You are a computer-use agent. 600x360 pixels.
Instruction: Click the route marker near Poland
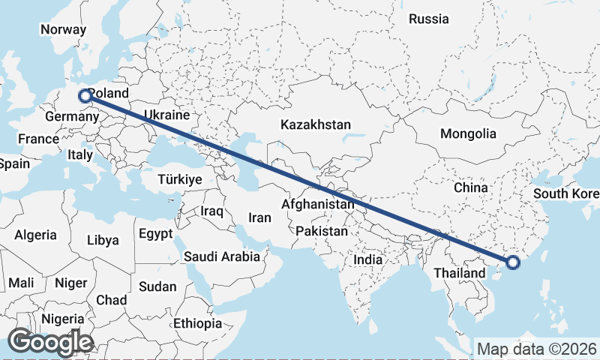[85, 95]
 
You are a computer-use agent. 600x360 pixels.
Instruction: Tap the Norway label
[63, 29]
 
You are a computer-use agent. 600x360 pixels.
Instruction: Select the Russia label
[428, 19]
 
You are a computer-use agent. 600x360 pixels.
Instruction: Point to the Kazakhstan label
[315, 124]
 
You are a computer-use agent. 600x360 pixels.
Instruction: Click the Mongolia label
[468, 134]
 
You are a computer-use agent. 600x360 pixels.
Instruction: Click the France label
[38, 139]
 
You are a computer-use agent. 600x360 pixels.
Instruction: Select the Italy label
[79, 154]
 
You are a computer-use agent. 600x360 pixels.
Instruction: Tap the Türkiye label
[180, 179]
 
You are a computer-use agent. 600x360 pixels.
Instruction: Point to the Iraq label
[212, 211]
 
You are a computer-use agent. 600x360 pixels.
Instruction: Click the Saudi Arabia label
[222, 256]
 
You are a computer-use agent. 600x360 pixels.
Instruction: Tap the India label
[368, 259]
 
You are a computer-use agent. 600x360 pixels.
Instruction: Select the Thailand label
[459, 273]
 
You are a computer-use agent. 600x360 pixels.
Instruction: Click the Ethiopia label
[197, 324]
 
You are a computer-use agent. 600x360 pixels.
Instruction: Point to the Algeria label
[35, 235]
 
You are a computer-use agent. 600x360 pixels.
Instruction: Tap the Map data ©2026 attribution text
[536, 349]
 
